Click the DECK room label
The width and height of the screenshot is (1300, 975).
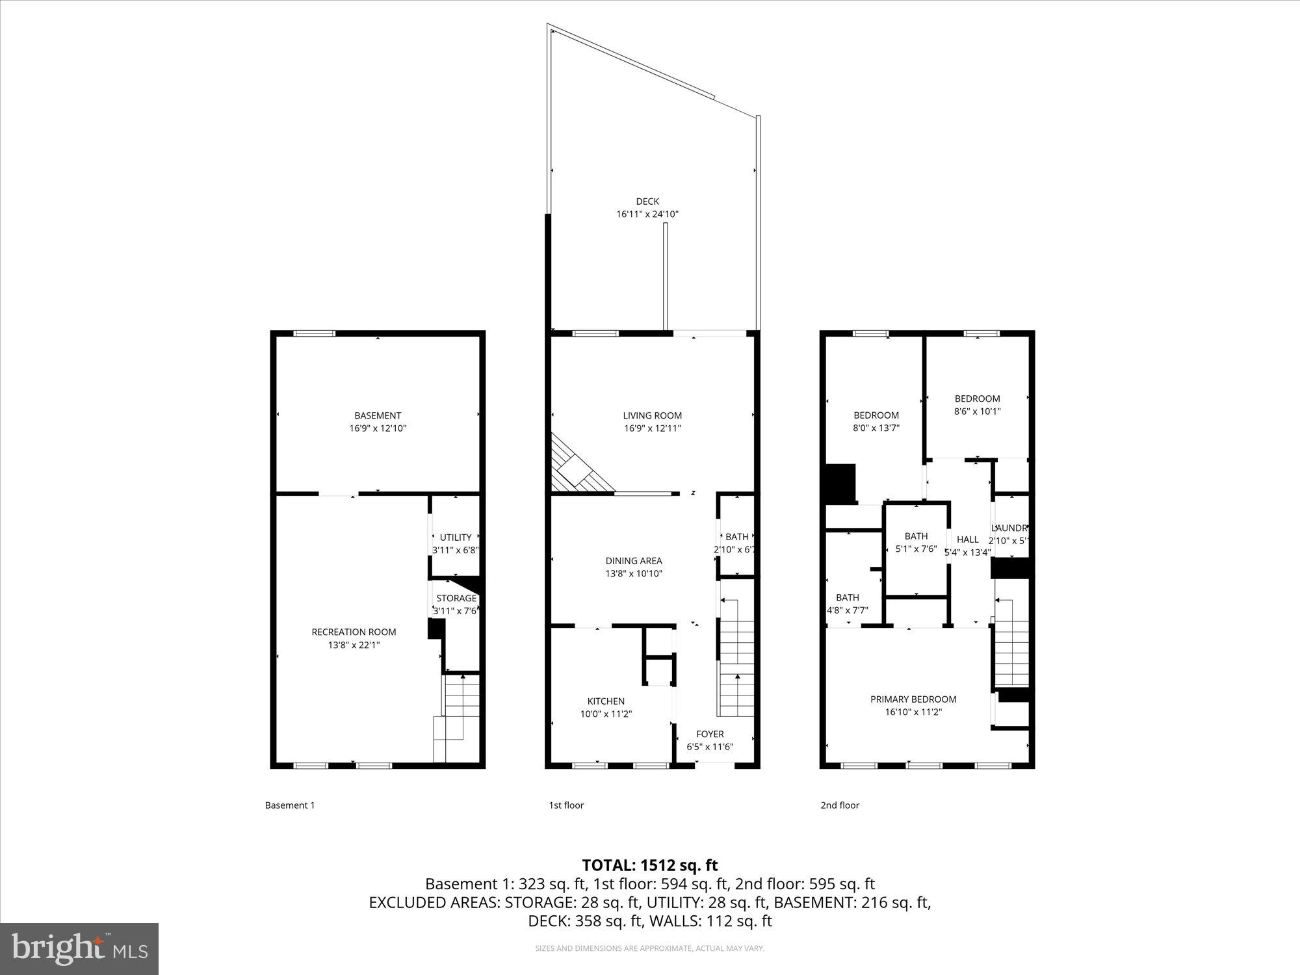click(647, 201)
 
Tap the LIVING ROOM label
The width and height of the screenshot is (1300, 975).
click(652, 415)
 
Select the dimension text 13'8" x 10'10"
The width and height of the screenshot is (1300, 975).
click(634, 573)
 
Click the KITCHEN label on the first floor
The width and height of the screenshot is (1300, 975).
click(606, 701)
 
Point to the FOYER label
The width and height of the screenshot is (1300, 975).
click(710, 734)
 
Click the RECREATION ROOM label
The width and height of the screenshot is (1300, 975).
click(354, 632)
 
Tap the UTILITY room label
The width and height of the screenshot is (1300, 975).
click(455, 537)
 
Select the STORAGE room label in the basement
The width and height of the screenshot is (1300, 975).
click(456, 598)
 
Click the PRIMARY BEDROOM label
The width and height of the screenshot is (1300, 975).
click(913, 699)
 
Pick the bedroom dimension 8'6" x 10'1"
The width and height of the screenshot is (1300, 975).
click(977, 411)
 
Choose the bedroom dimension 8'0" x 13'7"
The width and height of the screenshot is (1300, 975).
click(876, 428)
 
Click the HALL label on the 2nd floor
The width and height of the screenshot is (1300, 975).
click(967, 539)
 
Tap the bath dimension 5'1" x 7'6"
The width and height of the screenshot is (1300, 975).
click(916, 549)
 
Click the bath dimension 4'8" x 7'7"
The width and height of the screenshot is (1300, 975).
click(847, 610)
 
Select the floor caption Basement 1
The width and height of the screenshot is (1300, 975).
click(289, 805)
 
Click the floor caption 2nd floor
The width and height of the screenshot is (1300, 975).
click(839, 805)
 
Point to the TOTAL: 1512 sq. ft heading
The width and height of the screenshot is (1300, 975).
click(649, 865)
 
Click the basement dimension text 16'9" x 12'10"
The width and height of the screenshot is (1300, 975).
click(378, 428)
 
